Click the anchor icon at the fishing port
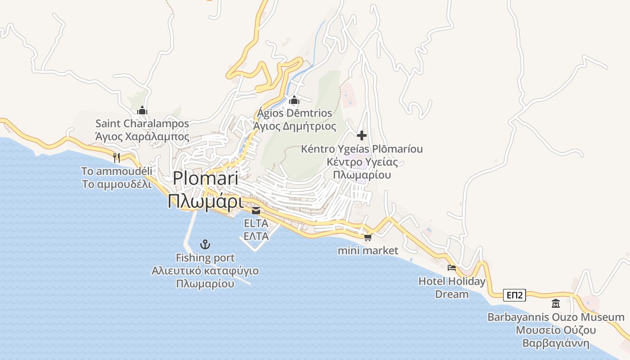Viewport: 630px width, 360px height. point(205,244)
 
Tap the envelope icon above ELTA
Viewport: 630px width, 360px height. point(256,210)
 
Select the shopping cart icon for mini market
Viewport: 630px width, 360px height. point(368,237)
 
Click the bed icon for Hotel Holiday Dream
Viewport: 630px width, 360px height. point(452,268)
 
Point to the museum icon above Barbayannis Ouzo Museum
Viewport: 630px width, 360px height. point(556,304)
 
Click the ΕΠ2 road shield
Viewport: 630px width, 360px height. point(514,295)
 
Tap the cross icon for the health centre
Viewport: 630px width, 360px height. point(362,135)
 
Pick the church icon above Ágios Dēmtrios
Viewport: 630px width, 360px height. point(295,100)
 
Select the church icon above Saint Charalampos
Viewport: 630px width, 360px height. point(142,110)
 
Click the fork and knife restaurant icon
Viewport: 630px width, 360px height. point(117,157)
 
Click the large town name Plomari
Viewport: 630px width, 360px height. point(205,178)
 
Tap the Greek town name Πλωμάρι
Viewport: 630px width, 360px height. point(205,201)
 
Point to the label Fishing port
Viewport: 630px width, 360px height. point(205,258)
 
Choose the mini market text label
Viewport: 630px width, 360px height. point(368,251)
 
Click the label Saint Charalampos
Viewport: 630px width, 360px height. point(142,123)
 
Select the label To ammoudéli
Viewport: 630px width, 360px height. point(117,171)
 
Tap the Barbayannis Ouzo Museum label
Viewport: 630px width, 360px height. point(556,317)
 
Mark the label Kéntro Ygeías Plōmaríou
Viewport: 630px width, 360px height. point(362,149)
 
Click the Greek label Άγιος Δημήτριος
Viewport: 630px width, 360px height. point(295,126)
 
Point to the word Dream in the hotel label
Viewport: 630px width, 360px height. point(452,294)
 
